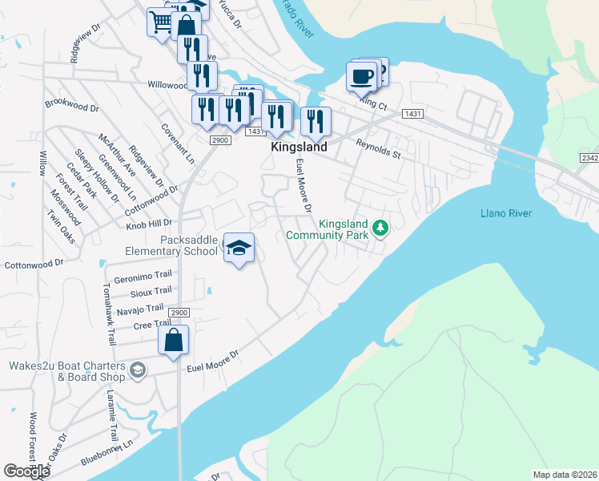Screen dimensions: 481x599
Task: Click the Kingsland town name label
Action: coord(299,148)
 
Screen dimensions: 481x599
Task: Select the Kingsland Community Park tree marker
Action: coord(381,229)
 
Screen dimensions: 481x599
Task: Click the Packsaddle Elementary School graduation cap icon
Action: coord(239,249)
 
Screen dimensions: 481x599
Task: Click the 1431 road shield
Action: coord(413,115)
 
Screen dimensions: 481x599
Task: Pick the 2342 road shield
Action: coord(589,159)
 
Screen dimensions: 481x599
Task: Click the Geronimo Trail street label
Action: coord(143,277)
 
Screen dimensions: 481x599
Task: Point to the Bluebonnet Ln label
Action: coord(106,459)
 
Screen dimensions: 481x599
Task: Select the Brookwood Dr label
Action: coord(71,106)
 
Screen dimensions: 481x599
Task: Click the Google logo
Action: coord(26,471)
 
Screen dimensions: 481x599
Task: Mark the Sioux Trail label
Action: coord(151,292)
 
